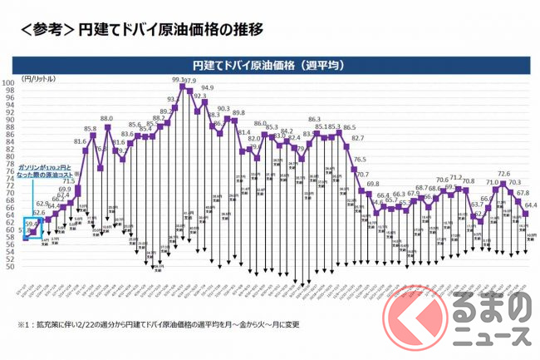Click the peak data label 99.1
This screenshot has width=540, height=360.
(x=176, y=80)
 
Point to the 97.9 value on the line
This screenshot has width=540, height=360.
(x=189, y=81)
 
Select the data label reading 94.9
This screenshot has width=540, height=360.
(x=207, y=87)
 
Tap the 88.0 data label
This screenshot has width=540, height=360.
(x=106, y=119)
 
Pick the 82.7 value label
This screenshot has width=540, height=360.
(x=358, y=138)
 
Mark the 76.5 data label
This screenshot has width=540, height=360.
(x=360, y=159)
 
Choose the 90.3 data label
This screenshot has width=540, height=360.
(x=223, y=109)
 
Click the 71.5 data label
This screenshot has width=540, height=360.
(x=68, y=180)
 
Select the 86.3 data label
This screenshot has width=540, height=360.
(x=314, y=120)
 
